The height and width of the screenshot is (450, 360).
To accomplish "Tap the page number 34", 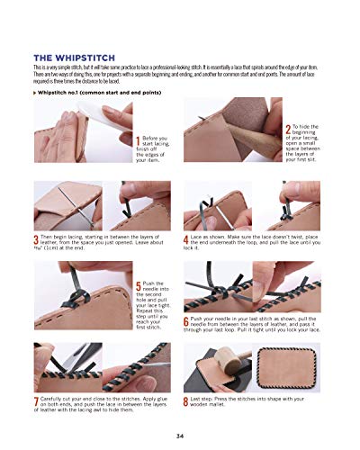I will pos(181,435).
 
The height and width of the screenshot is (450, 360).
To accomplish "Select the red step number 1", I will pos(136,139).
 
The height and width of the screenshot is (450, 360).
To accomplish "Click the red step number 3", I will pos(34,238).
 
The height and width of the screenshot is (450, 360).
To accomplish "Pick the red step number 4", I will pos(185,238).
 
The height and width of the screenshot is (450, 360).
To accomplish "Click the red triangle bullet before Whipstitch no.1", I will pos(33,93).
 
